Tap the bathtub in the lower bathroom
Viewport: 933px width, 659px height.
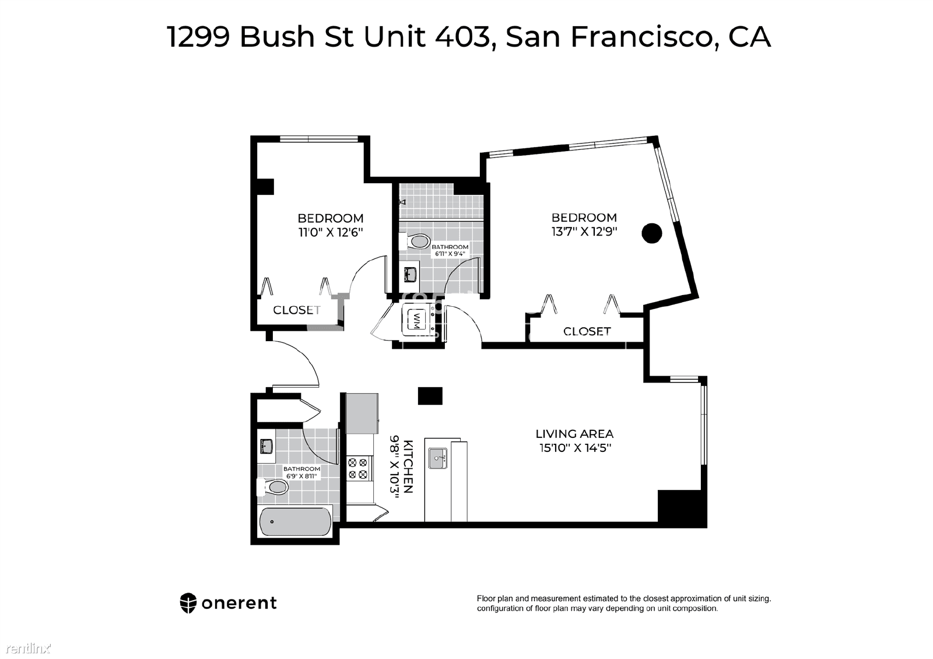tap(295, 521)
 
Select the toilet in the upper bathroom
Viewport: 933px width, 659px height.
tap(415, 241)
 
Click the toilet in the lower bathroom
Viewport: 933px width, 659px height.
tap(272, 487)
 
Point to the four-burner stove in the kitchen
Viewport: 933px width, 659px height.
tap(358, 468)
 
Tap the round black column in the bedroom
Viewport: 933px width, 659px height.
tap(652, 233)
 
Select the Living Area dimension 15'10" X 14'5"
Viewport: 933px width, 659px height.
tap(575, 448)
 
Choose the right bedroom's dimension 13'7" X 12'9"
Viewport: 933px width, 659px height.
tap(584, 232)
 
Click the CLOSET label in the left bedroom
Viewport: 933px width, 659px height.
tap(297, 310)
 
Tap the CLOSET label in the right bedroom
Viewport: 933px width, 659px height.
tap(587, 331)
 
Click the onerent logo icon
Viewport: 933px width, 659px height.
tap(188, 603)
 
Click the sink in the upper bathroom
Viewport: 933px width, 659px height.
tap(410, 275)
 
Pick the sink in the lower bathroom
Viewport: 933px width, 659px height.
tap(266, 446)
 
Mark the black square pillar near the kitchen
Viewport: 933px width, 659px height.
tap(430, 396)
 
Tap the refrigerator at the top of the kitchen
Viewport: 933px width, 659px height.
tap(362, 413)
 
